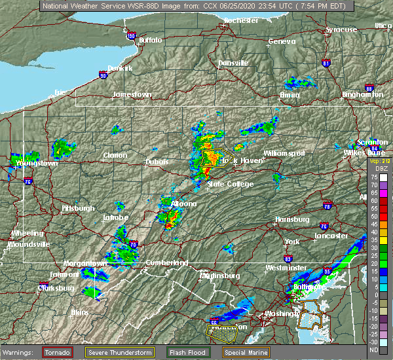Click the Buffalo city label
[150, 41]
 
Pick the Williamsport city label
[284, 153]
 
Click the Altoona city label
[183, 204]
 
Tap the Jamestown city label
[132, 94]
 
